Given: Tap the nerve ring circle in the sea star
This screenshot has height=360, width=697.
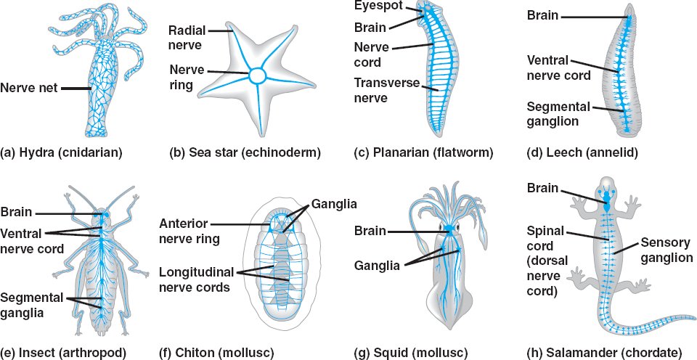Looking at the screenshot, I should point(258,75).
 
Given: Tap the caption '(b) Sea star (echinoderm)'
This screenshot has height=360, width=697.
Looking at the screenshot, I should point(245,152).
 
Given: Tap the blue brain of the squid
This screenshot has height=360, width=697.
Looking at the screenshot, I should point(449,230).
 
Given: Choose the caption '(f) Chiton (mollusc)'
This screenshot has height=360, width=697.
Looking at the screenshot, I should point(216,353).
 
